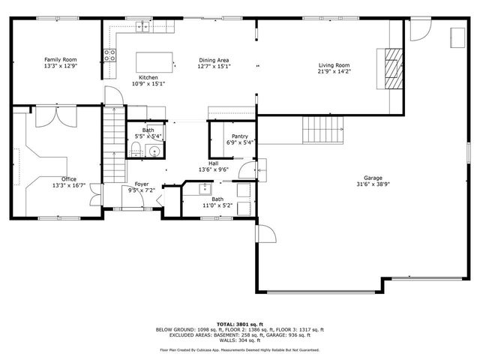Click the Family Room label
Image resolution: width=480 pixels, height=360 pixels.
pyautogui.click(x=60, y=59)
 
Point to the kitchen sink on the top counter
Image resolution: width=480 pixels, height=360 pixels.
pyautogui.click(x=142, y=28)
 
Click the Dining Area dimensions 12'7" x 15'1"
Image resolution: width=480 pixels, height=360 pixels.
pyautogui.click(x=214, y=67)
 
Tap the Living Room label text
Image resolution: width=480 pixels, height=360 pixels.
pyautogui.click(x=334, y=65)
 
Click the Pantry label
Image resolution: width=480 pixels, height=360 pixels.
pyautogui.click(x=239, y=136)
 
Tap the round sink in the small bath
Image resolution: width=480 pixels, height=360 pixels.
pyautogui.click(x=153, y=151)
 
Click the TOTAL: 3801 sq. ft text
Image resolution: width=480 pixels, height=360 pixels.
pyautogui.click(x=239, y=323)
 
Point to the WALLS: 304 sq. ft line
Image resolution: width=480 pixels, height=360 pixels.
pyautogui.click(x=239, y=340)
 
